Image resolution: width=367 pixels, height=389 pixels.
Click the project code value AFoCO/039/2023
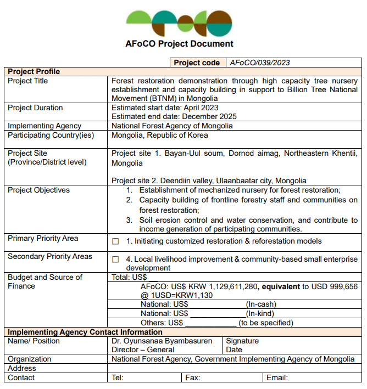coord(259,63)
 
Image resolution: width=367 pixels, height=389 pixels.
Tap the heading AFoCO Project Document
coord(179,44)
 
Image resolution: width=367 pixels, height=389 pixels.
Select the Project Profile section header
coord(34,71)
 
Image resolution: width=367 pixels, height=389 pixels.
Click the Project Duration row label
coord(35,108)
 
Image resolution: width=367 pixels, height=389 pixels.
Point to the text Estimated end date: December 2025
coord(174,116)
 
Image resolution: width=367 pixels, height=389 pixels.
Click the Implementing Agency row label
coord(45,126)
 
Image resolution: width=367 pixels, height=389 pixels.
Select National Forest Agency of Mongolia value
coord(172,126)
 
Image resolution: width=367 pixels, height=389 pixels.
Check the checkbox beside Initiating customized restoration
coord(115,241)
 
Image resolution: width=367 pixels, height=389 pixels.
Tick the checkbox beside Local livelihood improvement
coord(115,260)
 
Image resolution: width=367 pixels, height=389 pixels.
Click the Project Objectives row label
coord(38,190)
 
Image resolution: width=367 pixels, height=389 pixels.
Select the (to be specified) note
coord(266,323)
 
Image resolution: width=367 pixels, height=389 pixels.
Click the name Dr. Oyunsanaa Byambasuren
coord(162,341)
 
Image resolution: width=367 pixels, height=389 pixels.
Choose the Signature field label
coord(242,341)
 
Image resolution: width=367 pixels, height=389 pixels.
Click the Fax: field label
coord(192,377)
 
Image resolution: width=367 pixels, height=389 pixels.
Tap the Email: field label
coord(277,377)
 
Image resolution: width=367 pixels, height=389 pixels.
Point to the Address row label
coord(21,368)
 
